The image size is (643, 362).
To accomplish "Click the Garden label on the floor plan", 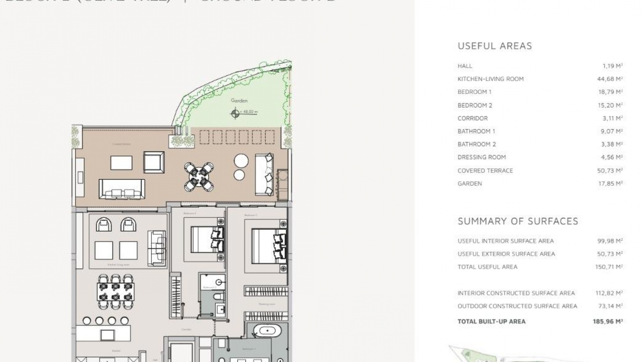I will coord(239,101).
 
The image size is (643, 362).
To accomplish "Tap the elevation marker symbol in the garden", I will coord(235,114).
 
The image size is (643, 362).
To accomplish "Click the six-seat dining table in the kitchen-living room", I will coord(116,292).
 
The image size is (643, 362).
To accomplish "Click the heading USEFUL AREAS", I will coord(495,46).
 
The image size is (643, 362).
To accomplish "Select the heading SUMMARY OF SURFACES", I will coord(518,221).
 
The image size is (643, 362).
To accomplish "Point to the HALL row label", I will coord(465,66).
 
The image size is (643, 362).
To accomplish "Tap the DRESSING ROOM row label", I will coord(482,157).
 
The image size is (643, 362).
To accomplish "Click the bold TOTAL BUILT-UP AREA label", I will coord(491,321).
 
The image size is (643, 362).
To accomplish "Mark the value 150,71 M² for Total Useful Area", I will coord(609,267).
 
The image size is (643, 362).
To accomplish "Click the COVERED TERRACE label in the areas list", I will coord(485,171).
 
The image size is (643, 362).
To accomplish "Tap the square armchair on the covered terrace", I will coord(154,162).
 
